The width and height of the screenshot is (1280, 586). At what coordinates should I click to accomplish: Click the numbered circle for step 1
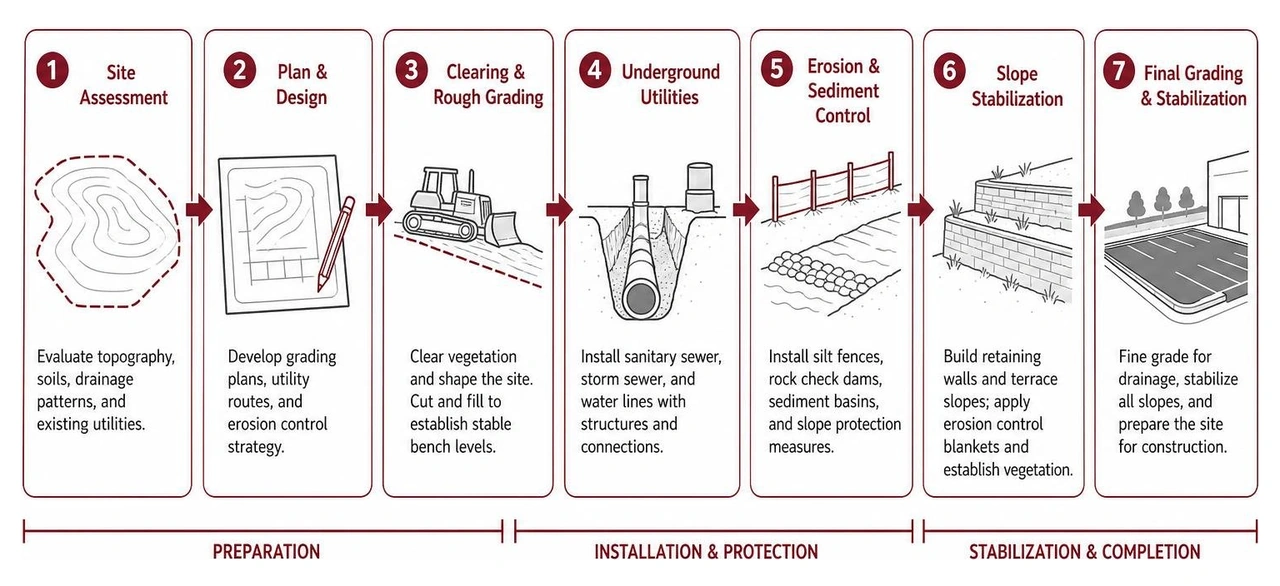pyautogui.click(x=53, y=71)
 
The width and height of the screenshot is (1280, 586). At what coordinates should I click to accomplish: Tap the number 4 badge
pyautogui.click(x=595, y=71)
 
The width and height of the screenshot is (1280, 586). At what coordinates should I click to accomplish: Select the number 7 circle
pyautogui.click(x=1119, y=71)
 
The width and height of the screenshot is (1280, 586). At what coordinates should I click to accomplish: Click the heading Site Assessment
pyautogui.click(x=123, y=85)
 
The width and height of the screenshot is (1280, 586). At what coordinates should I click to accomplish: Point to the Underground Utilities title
pyautogui.click(x=670, y=85)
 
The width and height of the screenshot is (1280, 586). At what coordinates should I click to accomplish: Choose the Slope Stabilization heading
pyautogui.click(x=1017, y=86)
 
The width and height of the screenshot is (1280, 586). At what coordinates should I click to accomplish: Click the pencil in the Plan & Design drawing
pyautogui.click(x=336, y=244)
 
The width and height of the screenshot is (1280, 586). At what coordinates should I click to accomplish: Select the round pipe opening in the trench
pyautogui.click(x=641, y=298)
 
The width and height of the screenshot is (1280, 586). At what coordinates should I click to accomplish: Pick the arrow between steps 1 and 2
pyautogui.click(x=199, y=210)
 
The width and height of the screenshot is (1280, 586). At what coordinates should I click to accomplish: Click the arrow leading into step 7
pyautogui.click(x=1091, y=210)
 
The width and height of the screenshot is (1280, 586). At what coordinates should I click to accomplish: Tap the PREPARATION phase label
pyautogui.click(x=266, y=552)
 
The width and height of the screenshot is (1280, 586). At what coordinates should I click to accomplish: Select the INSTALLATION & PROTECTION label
pyautogui.click(x=706, y=552)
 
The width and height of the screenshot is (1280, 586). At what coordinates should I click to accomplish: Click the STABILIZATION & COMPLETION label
pyautogui.click(x=1085, y=552)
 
